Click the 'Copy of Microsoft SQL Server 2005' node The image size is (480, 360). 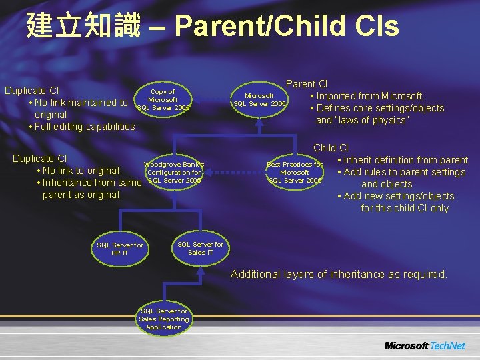[x=163, y=100]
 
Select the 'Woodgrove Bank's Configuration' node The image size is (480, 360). [x=173, y=172]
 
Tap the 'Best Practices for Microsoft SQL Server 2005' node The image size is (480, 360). [x=295, y=172]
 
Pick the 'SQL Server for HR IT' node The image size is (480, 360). [x=120, y=249]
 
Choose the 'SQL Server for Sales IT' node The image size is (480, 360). [x=201, y=248]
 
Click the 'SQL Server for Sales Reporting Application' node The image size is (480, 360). [x=164, y=319]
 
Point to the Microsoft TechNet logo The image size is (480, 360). [x=425, y=345]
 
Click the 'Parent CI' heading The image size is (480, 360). [x=307, y=84]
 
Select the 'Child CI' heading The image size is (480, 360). [x=331, y=148]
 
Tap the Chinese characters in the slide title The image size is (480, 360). [x=83, y=27]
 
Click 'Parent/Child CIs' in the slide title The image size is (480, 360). [x=287, y=27]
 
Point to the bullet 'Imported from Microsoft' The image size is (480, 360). [x=369, y=96]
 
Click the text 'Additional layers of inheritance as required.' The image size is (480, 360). [x=339, y=274]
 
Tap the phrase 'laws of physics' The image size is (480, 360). [x=381, y=120]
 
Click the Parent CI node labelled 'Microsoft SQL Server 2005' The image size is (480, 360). [x=259, y=100]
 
